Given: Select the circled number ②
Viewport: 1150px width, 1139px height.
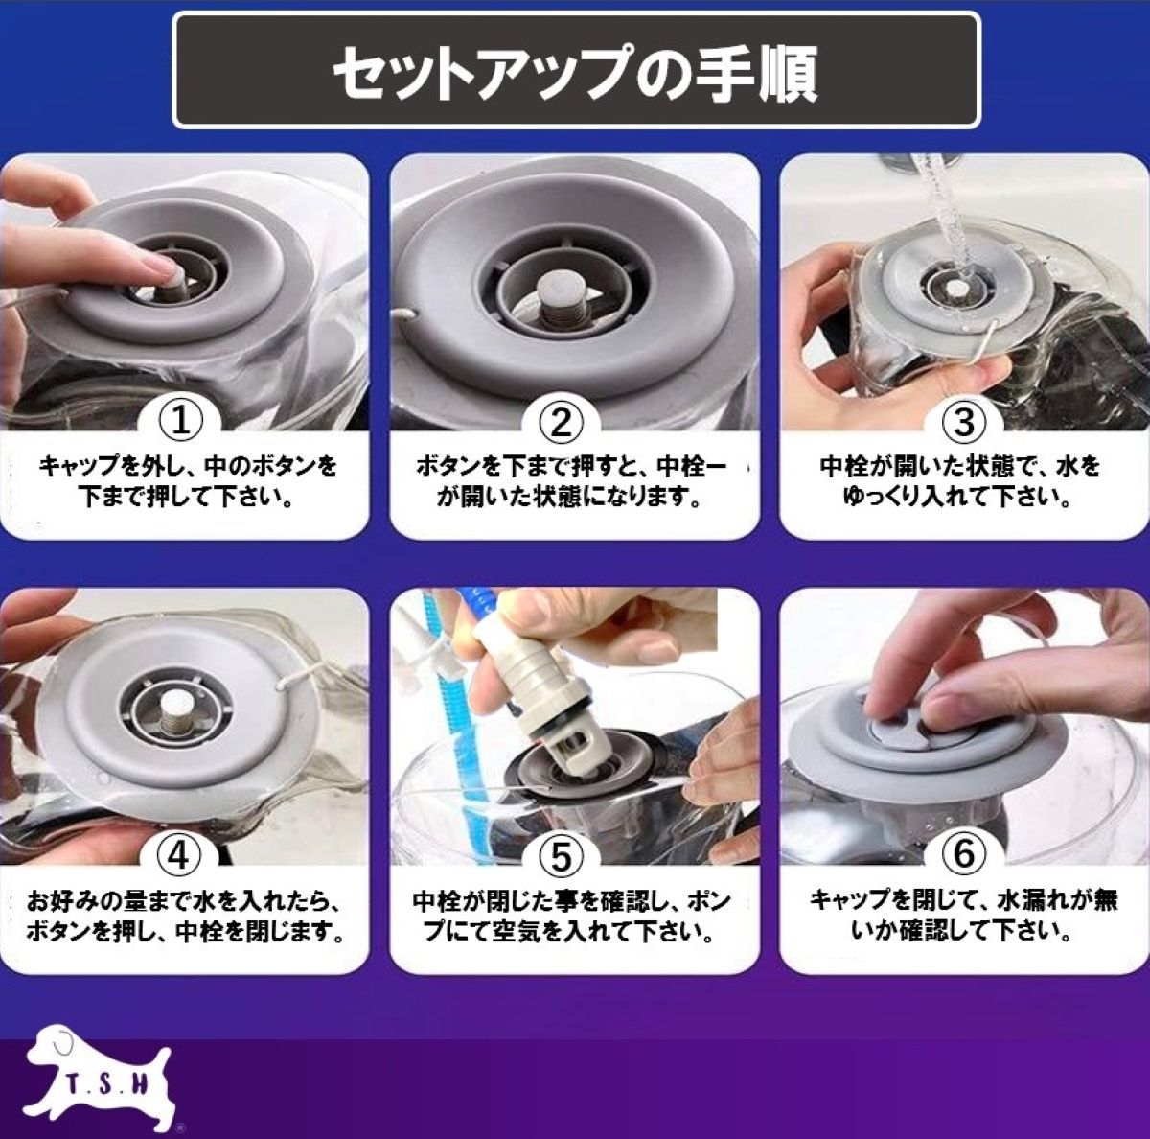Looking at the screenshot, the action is [x=560, y=422].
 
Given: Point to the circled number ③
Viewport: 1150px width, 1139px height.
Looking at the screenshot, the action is [x=964, y=422].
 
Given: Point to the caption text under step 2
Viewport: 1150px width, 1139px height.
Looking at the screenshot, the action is [x=571, y=480].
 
